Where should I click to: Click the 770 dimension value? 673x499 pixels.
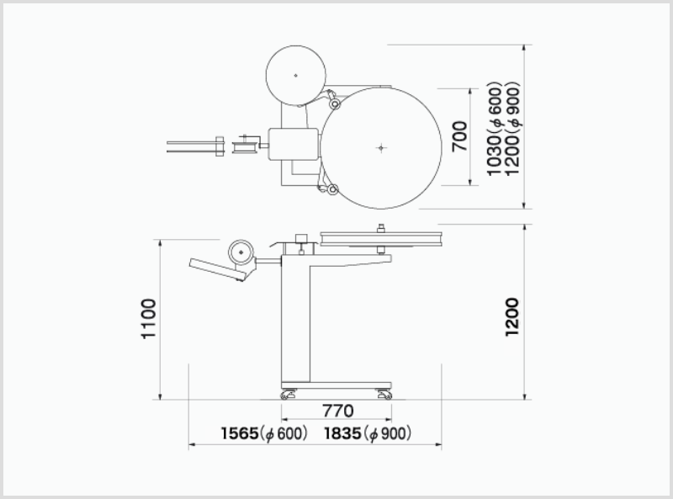[x=338, y=411]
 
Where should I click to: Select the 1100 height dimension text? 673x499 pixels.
[x=149, y=319]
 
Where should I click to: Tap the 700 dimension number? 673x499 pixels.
[x=459, y=136]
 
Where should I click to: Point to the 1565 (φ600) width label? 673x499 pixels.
[x=264, y=433]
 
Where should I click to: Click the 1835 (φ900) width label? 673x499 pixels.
[x=368, y=433]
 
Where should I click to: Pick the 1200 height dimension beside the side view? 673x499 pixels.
[x=511, y=317]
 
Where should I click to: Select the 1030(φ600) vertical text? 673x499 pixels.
[x=495, y=129]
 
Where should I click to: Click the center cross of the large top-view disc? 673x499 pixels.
[x=381, y=148]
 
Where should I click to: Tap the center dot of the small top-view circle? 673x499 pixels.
[x=296, y=76]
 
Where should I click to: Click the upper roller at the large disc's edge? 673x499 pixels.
[x=334, y=104]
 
